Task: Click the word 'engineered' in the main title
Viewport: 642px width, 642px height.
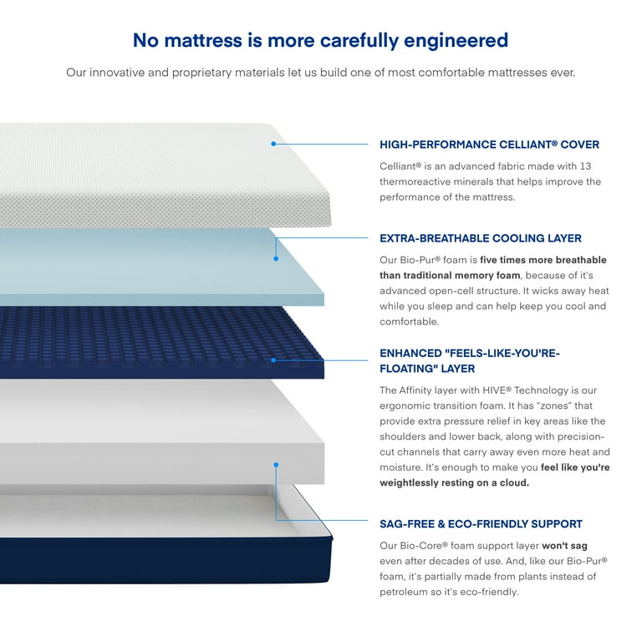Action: tap(456, 41)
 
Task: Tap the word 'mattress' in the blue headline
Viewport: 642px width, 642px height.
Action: tap(203, 40)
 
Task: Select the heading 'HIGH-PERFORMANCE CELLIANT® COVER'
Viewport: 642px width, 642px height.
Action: tap(489, 145)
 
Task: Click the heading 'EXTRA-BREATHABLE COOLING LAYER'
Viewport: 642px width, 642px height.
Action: tap(481, 238)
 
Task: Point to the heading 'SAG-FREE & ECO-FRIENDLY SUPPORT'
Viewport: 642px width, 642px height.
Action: tap(481, 524)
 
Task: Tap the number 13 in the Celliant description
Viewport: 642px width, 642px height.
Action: tap(585, 166)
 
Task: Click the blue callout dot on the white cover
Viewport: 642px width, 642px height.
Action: tap(273, 144)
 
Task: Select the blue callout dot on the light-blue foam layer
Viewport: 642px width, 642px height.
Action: tap(276, 259)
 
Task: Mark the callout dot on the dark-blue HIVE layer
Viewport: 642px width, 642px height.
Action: tap(273, 360)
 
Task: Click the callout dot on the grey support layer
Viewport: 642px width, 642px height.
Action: tap(276, 465)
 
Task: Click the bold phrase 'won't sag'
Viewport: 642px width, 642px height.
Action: tap(564, 546)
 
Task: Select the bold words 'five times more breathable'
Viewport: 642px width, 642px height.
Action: tap(543, 260)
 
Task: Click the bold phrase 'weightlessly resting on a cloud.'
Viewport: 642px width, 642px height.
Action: tap(454, 483)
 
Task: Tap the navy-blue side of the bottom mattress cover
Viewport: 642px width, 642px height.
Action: tap(165, 560)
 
